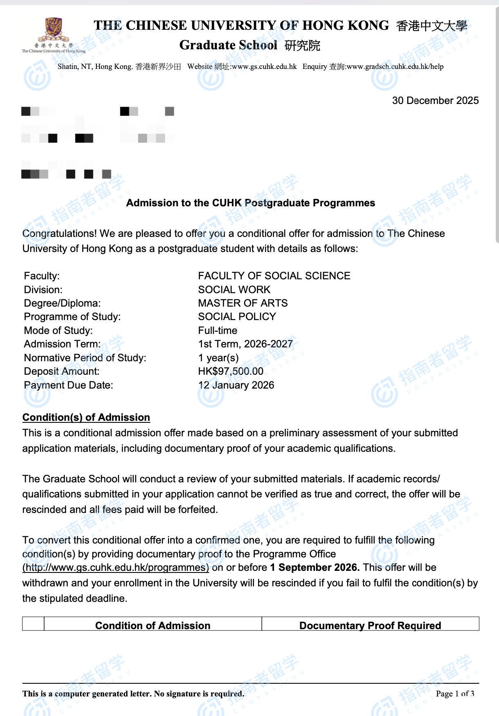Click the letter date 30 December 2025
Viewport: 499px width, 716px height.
435,101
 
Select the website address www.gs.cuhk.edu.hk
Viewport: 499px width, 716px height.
264,66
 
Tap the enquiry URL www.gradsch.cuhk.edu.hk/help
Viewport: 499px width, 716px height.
395,66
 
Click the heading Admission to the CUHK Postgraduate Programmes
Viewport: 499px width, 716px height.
250,203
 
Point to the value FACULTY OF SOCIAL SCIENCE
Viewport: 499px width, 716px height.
274,276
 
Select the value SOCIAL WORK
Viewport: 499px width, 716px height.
234,290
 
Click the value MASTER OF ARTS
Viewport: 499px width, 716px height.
243,303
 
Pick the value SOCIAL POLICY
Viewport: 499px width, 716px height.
237,317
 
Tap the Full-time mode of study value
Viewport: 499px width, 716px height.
217,331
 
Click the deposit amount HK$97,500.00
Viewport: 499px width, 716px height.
231,371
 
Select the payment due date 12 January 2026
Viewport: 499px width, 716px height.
236,385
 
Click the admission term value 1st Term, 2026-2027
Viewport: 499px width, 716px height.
245,344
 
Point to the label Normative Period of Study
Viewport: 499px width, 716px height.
85,358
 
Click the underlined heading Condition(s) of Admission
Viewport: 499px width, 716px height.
86,418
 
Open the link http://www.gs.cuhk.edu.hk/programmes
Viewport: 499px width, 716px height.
116,568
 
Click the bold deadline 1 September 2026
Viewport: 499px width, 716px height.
314,568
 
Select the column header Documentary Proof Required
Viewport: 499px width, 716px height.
370,625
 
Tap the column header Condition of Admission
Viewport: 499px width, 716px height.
153,625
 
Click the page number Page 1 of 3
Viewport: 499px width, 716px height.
455,694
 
